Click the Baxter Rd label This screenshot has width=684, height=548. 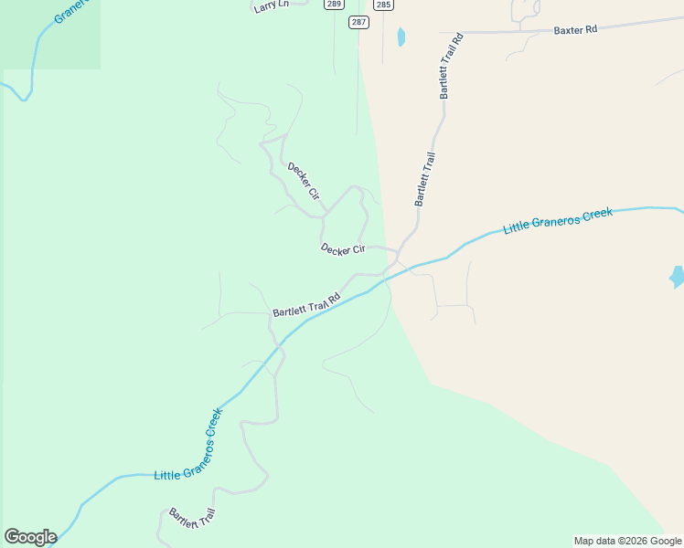pos(575,29)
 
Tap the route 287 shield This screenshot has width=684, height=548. pos(358,21)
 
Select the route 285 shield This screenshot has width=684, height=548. pos(383,5)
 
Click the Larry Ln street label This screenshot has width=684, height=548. pos(265,6)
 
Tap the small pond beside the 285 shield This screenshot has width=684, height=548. pos(401,37)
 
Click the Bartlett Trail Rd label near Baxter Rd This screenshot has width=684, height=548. pos(452,66)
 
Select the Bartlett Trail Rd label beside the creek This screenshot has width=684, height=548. pos(306,305)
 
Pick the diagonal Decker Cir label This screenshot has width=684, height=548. pos(303,181)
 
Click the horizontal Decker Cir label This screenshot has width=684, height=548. pos(343,248)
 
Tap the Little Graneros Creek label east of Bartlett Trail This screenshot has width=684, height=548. pos(558,220)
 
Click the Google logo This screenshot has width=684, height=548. pos(30,537)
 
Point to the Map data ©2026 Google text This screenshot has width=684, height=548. pos(626,541)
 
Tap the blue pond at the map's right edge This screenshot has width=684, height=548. pos(677,276)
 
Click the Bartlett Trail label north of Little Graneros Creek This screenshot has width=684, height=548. pos(424,179)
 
